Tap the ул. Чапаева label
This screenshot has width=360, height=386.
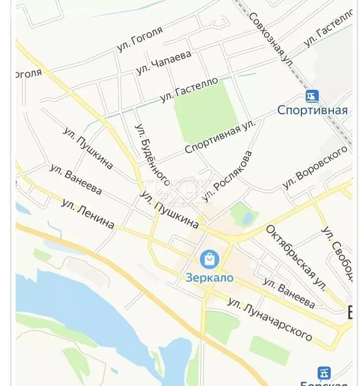164,63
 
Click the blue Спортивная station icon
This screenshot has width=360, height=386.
312,97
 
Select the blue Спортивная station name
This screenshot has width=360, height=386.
312,110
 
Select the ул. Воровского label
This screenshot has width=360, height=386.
314,167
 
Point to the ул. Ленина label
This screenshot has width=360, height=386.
87,214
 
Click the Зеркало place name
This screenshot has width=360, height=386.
209,278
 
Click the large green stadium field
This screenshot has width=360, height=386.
206,112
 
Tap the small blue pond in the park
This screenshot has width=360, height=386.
247,218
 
